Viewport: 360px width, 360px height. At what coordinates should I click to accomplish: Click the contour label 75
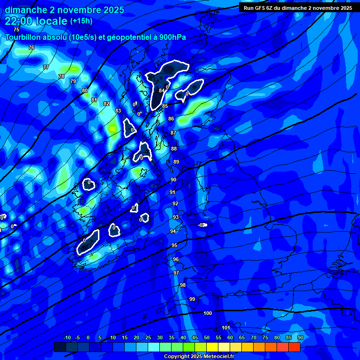(x=17, y=30)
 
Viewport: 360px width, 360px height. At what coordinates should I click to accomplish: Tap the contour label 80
(x=85, y=90)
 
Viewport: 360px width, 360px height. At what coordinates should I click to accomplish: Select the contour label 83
(x=118, y=111)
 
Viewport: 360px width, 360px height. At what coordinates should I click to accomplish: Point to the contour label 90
(x=173, y=180)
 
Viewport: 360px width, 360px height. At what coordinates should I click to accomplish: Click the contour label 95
(x=174, y=246)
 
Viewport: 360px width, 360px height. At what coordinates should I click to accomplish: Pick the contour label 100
(x=208, y=313)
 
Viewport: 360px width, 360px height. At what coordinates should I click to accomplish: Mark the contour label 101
(x=226, y=328)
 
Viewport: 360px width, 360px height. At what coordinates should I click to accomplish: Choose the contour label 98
(x=183, y=285)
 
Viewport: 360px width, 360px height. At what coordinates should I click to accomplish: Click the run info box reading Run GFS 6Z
(x=298, y=8)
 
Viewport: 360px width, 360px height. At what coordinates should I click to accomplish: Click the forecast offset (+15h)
(x=81, y=21)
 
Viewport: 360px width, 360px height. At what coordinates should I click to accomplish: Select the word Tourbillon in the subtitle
(x=24, y=37)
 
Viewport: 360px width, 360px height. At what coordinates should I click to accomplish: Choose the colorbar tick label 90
(x=300, y=338)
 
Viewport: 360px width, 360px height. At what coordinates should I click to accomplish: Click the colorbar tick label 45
(x=195, y=338)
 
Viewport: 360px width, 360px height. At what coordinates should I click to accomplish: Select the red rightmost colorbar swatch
(x=294, y=347)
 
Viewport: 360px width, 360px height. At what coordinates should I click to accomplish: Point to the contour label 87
(x=173, y=133)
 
